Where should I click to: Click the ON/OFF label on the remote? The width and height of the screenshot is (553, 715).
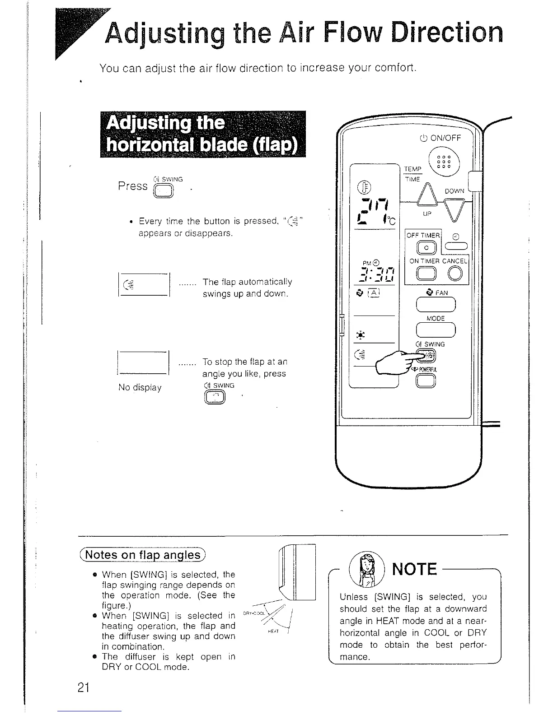pos(440,138)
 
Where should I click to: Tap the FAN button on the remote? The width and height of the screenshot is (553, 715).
pos(436,306)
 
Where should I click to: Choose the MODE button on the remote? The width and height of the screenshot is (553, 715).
pos(436,331)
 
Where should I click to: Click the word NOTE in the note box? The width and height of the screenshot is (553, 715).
pos(415,570)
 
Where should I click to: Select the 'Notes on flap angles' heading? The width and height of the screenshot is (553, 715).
pos(142,555)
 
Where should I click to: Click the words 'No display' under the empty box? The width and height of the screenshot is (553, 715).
pos(140,388)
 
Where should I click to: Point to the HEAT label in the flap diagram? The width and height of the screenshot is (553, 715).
pos(272,631)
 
